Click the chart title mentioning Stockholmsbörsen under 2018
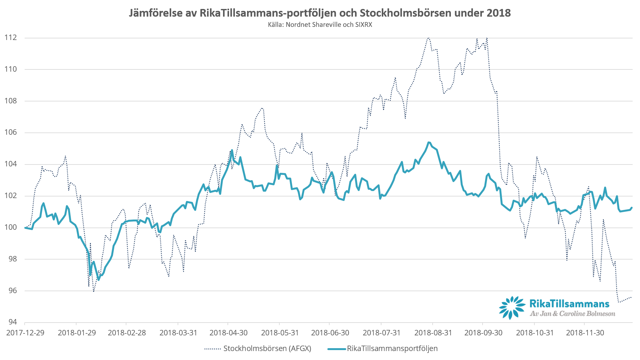point(320,13)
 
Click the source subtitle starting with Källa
point(320,25)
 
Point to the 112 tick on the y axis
point(10,38)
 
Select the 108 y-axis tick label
point(10,101)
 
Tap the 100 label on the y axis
point(10,228)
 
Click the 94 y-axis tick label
point(12,322)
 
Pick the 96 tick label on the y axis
point(12,291)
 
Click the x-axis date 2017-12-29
point(25,333)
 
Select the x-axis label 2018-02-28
point(127,333)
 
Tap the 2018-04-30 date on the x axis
point(228,333)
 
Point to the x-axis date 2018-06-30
point(330,333)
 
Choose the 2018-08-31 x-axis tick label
point(433,333)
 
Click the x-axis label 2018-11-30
point(585,333)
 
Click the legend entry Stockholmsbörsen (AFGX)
point(267,348)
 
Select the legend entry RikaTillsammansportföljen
point(392,348)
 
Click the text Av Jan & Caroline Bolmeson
point(572,314)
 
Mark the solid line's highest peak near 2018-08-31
point(429,142)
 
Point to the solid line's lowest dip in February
point(99,280)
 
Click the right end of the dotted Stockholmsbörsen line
point(631,298)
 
